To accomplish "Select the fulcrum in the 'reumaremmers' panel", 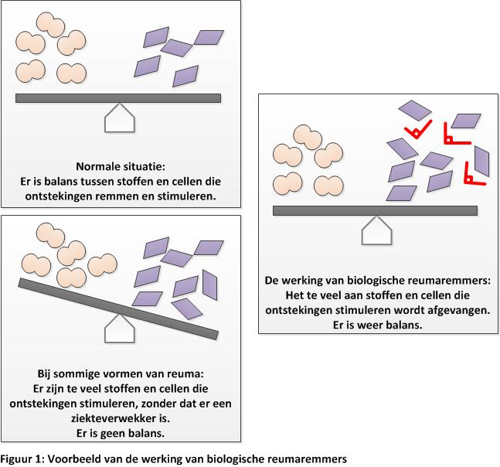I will point(377,230).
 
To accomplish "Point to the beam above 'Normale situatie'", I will point(118,98).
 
